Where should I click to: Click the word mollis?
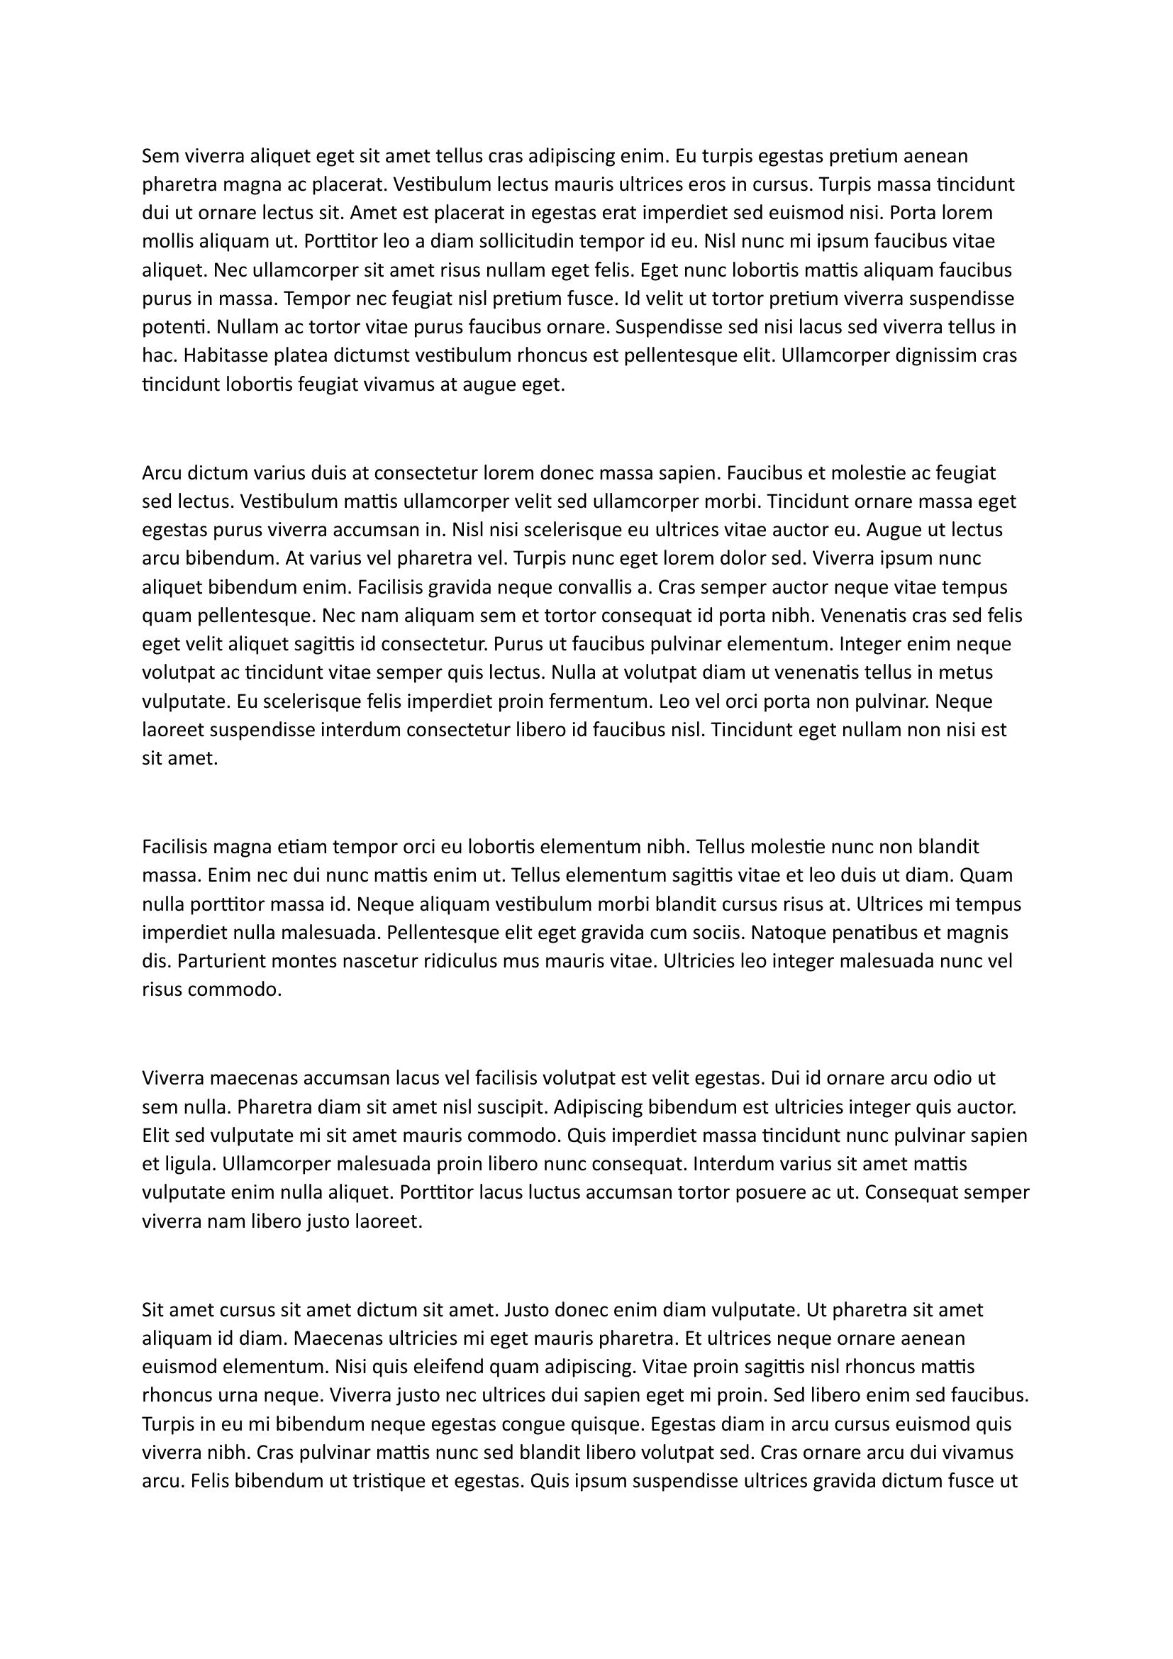click(x=165, y=241)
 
